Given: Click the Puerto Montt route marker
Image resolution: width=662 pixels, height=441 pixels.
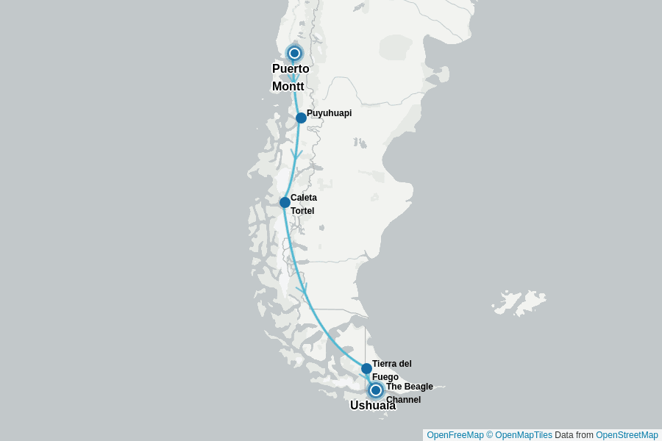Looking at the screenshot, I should [x=294, y=53].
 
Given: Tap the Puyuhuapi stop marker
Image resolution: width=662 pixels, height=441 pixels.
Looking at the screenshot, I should [x=301, y=118].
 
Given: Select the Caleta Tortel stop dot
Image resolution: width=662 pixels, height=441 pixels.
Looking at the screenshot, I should [x=285, y=202].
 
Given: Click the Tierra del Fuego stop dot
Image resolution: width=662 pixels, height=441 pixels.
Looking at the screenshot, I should [x=366, y=368].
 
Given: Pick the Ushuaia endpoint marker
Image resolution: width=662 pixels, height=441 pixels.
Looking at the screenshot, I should [x=376, y=390].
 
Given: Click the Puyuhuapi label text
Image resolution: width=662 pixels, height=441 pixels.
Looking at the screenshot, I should [x=329, y=113].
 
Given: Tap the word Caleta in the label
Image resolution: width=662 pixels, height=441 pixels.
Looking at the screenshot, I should [x=304, y=198].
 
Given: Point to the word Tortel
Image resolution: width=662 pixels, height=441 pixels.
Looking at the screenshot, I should [x=302, y=211].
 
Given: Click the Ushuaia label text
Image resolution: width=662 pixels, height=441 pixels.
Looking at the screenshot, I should [x=372, y=405].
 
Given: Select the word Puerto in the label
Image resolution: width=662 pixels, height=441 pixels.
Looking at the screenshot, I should [x=291, y=69].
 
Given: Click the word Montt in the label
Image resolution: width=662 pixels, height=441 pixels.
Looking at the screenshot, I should [x=288, y=87].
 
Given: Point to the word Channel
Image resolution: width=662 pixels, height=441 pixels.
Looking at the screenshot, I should [x=403, y=400].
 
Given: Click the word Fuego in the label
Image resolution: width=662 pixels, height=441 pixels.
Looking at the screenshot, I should [x=385, y=377].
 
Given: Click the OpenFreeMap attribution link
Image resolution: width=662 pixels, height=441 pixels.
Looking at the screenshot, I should [x=455, y=435].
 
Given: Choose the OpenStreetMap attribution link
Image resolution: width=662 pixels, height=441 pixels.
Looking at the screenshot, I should [x=627, y=435].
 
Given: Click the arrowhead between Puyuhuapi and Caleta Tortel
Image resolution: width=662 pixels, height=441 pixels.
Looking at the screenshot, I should [x=296, y=155].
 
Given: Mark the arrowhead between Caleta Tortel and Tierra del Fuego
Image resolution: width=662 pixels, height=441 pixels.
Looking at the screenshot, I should [x=302, y=290].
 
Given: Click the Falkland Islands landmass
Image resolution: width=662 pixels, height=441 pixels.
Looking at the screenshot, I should [x=521, y=301].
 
